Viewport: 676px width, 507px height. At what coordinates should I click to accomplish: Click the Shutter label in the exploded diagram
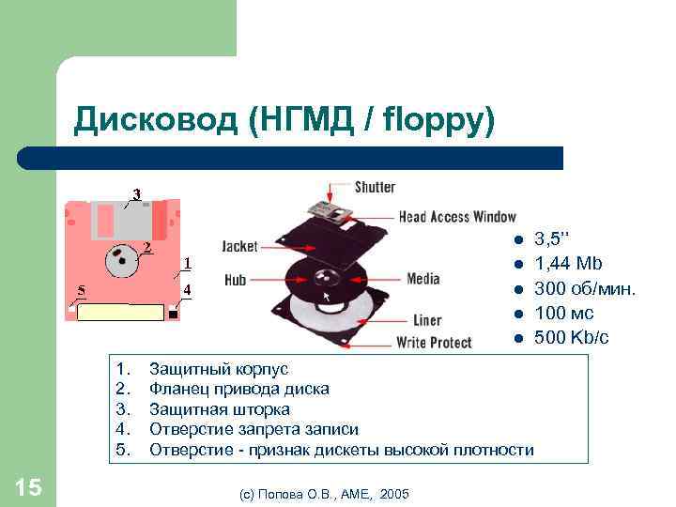tap(375, 187)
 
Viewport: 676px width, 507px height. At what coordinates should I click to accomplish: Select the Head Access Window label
tap(457, 217)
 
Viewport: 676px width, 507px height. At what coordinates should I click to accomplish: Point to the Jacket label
tap(239, 246)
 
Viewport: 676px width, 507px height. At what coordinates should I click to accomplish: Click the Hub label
tap(236, 279)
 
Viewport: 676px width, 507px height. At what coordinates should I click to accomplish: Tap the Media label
tap(423, 279)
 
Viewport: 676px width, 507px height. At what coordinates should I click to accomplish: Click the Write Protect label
tap(434, 342)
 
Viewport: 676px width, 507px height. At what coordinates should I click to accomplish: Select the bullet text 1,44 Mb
tap(567, 264)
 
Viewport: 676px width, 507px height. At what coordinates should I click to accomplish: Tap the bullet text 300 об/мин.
tap(585, 288)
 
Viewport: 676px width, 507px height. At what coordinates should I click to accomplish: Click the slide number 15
tap(28, 486)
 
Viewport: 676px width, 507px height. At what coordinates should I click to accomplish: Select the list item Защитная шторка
tap(219, 409)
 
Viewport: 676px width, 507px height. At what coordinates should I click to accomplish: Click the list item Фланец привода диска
tap(238, 389)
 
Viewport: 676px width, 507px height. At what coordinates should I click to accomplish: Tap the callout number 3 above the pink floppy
tap(136, 194)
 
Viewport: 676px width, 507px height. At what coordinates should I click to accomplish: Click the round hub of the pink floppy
tap(121, 261)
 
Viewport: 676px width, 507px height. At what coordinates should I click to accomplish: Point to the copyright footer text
tap(324, 493)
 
